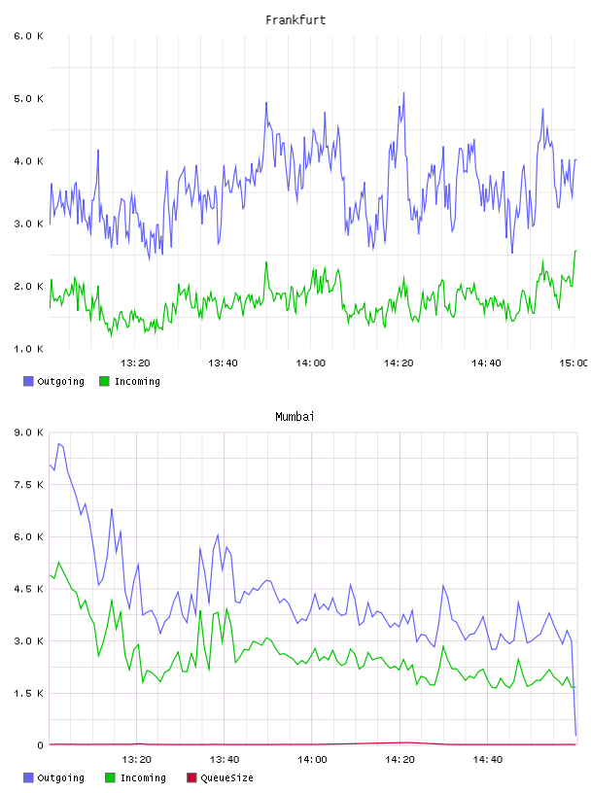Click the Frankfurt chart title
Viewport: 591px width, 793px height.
click(295, 20)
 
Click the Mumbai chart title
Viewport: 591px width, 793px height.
click(295, 417)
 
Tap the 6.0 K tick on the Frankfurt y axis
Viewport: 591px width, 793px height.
click(28, 36)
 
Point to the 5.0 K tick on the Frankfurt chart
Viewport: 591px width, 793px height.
click(28, 98)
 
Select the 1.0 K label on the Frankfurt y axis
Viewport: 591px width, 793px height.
click(28, 349)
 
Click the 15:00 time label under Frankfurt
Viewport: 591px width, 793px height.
click(573, 363)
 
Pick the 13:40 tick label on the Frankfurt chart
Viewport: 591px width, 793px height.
click(224, 363)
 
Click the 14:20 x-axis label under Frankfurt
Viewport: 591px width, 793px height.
click(399, 363)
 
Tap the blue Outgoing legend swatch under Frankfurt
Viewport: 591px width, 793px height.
click(28, 381)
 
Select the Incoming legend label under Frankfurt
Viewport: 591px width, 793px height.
click(137, 381)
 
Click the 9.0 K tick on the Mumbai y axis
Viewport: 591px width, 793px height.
click(28, 432)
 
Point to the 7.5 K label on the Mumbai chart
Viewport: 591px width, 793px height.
click(28, 485)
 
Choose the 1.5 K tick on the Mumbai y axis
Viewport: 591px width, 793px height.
click(28, 693)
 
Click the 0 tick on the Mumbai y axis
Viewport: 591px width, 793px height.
click(40, 745)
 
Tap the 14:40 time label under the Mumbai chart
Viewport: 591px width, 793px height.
click(488, 760)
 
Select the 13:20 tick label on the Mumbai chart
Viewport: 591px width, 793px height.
click(137, 760)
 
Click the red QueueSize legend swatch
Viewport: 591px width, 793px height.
click(191, 777)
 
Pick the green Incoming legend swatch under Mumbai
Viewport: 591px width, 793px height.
click(110, 777)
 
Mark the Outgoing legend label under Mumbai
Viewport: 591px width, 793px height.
click(60, 777)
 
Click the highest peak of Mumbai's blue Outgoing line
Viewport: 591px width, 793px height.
click(58, 443)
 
